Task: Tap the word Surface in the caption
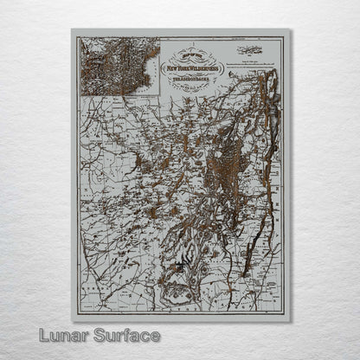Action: (x=125, y=334)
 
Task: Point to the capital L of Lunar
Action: (x=43, y=334)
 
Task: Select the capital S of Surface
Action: (x=99, y=334)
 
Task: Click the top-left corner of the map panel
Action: (x=72, y=29)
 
